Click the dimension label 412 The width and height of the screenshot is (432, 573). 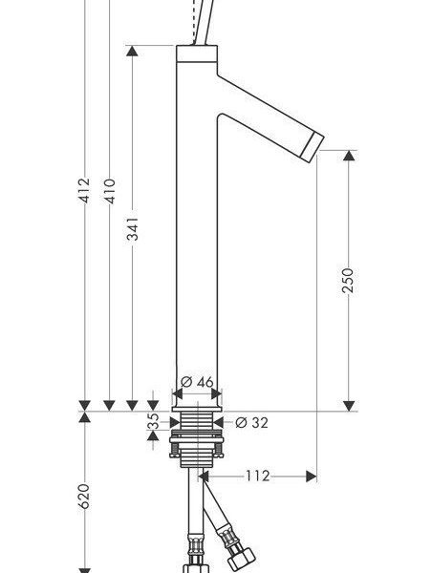(x=84, y=190)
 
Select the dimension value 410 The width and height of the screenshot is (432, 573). (x=109, y=191)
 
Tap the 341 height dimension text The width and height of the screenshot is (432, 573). (x=133, y=229)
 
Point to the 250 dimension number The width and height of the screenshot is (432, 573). (x=348, y=280)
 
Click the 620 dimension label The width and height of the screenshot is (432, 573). (x=84, y=497)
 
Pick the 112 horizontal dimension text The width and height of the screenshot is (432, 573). (x=257, y=476)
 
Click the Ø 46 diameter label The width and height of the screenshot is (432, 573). (x=197, y=382)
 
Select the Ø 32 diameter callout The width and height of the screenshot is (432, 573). (x=251, y=423)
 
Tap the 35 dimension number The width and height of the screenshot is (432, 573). (x=154, y=421)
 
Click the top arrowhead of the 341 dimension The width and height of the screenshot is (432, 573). (x=132, y=51)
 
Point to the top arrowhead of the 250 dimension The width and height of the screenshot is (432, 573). (x=350, y=156)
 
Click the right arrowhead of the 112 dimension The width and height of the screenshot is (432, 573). (x=312, y=477)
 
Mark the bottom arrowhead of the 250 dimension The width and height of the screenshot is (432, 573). (x=350, y=406)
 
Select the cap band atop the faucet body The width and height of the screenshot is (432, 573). (x=197, y=53)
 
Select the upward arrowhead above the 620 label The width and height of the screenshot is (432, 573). (x=84, y=417)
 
